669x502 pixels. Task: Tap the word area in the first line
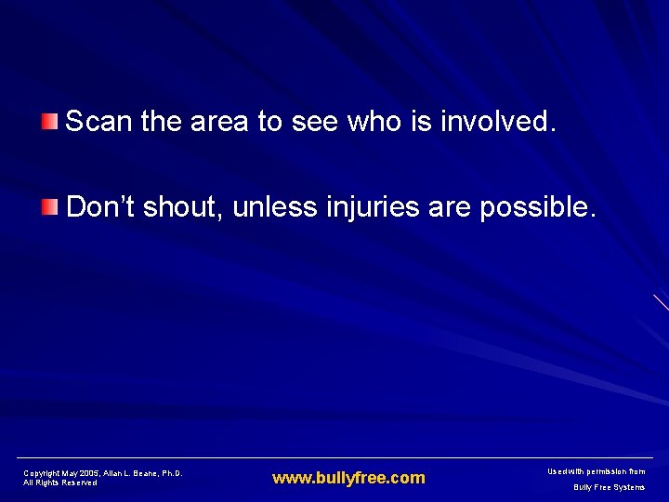(x=220, y=121)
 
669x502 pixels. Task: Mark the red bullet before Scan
(x=50, y=120)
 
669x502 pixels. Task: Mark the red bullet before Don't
(x=50, y=205)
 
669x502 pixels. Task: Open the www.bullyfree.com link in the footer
(x=348, y=478)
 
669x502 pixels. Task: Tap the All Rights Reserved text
(x=60, y=483)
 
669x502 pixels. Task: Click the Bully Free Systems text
(x=609, y=487)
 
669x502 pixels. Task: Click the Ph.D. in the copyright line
(x=172, y=473)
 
